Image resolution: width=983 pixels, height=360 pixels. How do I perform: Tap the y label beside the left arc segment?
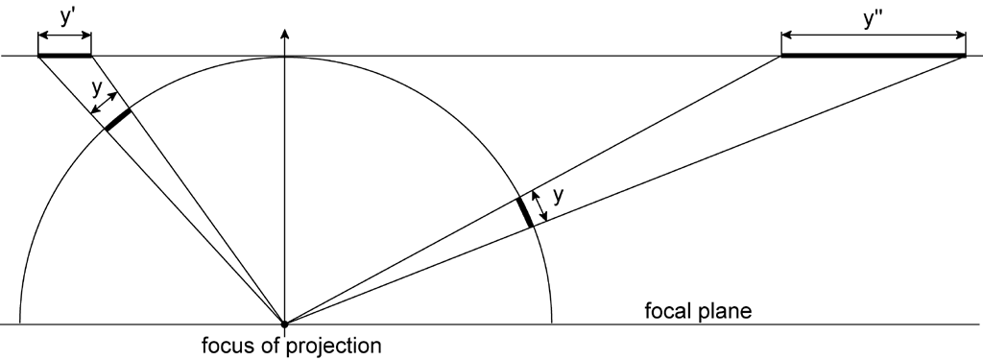[96, 89]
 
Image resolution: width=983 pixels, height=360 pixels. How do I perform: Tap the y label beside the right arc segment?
[558, 196]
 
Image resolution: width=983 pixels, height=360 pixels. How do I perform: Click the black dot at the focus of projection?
[284, 324]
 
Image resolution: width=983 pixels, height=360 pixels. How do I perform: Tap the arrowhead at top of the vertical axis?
[284, 34]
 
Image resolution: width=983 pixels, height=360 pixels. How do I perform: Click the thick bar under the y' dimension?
[64, 57]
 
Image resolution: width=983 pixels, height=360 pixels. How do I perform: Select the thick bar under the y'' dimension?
[874, 57]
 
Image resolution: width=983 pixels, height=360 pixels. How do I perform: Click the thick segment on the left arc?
[118, 120]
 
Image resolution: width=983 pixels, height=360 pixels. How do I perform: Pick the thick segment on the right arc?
[525, 212]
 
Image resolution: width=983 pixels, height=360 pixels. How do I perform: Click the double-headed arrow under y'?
[64, 36]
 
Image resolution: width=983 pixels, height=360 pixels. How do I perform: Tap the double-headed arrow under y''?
[874, 35]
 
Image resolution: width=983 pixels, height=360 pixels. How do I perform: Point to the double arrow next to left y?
[104, 103]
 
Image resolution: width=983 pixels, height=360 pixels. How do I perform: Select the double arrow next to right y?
[539, 206]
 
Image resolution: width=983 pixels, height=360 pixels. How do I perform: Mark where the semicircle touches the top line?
[284, 57]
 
